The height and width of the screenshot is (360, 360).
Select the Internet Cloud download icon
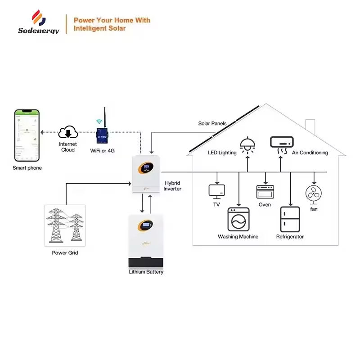click(x=67, y=133)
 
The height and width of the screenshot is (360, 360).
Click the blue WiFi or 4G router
click(x=102, y=136)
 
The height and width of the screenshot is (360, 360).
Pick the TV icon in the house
click(x=216, y=191)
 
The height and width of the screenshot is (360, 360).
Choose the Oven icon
click(x=265, y=192)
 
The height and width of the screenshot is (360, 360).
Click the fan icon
click(x=314, y=194)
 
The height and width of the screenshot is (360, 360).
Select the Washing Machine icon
click(x=238, y=219)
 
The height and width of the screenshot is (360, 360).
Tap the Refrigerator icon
click(x=290, y=219)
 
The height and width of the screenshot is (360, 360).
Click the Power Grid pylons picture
click(x=64, y=225)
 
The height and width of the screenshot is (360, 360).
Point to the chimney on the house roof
click(x=310, y=125)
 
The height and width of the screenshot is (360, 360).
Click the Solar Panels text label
click(x=212, y=123)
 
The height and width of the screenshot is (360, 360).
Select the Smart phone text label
click(x=27, y=168)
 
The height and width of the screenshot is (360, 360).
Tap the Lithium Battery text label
click(x=146, y=272)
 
